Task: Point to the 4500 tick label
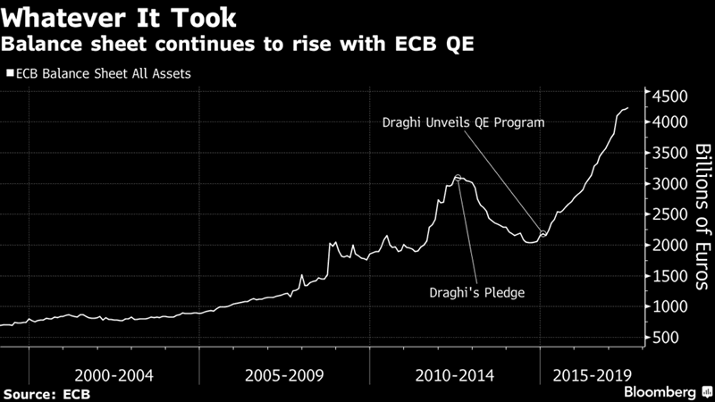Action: (x=669, y=96)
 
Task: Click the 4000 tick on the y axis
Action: (x=669, y=122)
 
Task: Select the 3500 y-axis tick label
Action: (x=669, y=153)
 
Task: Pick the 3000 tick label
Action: (x=669, y=184)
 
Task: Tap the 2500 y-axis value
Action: (x=669, y=214)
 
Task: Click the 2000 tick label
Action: (x=669, y=246)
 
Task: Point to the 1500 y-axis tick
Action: (x=669, y=276)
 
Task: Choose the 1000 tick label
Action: (x=669, y=307)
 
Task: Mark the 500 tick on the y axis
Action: (x=665, y=338)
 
